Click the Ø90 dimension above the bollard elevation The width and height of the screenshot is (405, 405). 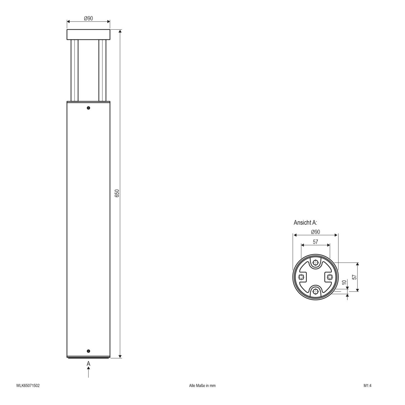88,19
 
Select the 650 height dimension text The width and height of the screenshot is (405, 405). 117,193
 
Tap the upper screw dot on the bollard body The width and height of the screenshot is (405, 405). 88,108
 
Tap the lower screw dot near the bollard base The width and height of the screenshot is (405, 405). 88,351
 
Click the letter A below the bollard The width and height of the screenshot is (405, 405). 88,363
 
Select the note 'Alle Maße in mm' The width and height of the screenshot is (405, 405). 202,385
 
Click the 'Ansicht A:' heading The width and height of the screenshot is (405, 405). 305,222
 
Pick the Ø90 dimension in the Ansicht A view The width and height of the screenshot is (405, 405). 315,232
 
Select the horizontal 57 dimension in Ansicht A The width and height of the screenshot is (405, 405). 315,242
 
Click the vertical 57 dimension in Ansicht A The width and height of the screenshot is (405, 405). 354,277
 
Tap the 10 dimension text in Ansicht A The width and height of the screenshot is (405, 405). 344,282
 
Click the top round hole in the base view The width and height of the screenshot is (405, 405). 315,263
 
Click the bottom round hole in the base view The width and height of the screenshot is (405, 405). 315,291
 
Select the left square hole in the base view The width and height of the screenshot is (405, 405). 301,277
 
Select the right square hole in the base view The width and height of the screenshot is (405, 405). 329,277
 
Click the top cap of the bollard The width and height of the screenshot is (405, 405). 88,34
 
